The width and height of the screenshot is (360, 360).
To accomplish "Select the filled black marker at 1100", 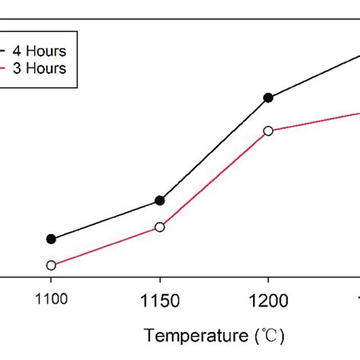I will (51, 238).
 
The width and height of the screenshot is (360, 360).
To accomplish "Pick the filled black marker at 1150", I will (159, 201).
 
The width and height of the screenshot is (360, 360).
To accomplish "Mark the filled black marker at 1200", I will (268, 97).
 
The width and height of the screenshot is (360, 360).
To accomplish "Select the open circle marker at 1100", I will (51, 265).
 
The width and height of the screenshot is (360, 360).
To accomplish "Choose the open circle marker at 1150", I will (159, 227).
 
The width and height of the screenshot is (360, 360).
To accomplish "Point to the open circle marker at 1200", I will (268, 131).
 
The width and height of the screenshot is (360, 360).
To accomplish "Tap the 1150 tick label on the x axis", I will (159, 301).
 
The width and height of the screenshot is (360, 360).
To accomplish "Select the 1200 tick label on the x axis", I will (268, 301).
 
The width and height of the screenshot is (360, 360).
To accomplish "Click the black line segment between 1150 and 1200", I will (213, 149).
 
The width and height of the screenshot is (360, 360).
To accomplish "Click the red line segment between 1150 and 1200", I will (213, 179).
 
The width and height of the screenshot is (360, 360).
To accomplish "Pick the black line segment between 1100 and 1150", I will (105, 219).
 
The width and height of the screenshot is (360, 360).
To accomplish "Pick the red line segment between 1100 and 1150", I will (105, 246).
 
